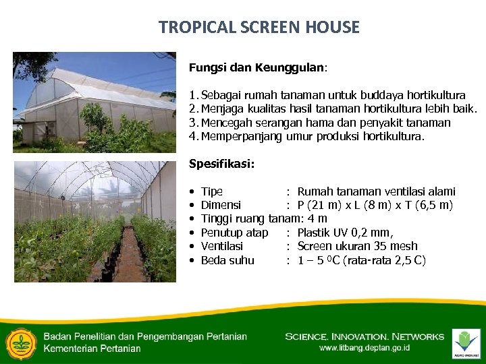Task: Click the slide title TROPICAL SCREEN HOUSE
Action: click(x=259, y=28)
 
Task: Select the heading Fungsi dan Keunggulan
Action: click(x=257, y=68)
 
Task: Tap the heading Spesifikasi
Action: click(x=221, y=164)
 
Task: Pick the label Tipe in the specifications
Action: click(x=212, y=192)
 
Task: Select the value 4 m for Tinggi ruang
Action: click(x=317, y=219)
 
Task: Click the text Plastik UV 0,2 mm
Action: click(x=345, y=233)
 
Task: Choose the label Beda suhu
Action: click(x=227, y=260)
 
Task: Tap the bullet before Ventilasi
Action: click(x=193, y=247)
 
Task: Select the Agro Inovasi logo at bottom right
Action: click(x=466, y=342)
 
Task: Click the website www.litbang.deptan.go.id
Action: click(x=364, y=348)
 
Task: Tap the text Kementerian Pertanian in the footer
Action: click(x=92, y=348)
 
